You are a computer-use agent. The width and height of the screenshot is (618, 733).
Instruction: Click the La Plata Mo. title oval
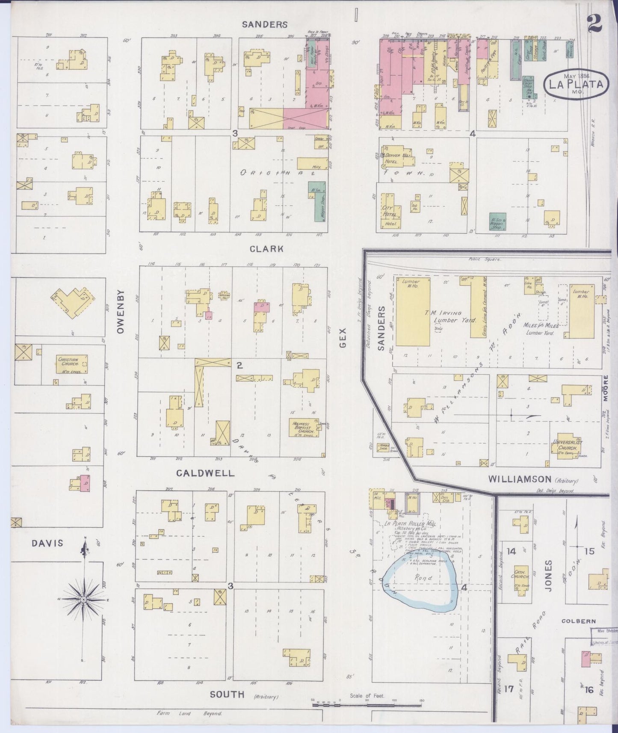576,84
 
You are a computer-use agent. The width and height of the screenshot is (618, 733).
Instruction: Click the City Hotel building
390,211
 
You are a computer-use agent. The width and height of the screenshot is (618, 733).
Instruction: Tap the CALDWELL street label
206,473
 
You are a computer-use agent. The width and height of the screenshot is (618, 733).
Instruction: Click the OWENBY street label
120,312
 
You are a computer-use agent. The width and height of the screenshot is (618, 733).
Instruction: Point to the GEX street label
343,340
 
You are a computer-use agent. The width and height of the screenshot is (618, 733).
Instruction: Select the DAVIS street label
47,543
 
